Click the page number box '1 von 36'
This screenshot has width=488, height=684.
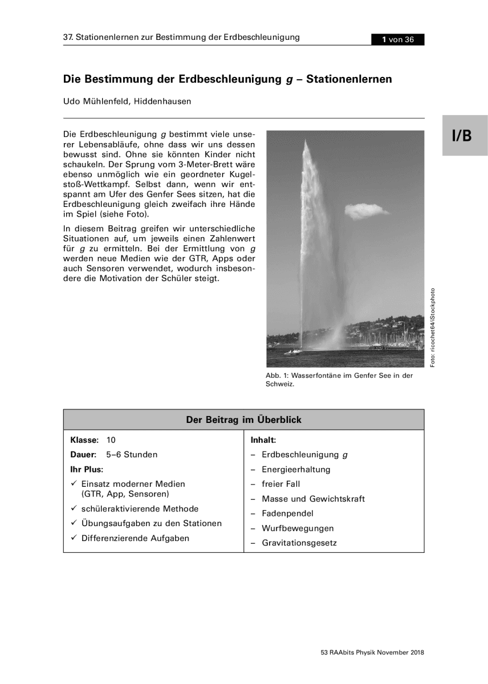click(398, 39)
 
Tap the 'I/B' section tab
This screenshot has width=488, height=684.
click(462, 136)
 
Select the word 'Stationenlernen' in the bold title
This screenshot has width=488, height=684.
click(349, 79)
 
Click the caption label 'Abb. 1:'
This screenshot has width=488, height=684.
click(277, 376)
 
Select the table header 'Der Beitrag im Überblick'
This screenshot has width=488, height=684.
click(243, 420)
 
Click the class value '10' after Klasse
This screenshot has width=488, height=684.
click(111, 440)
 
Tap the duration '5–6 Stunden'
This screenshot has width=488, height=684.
click(132, 455)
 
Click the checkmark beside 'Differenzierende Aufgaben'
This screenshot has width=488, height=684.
click(74, 538)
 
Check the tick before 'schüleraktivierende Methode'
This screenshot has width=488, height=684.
click(74, 509)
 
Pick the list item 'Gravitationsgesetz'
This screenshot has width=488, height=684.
click(299, 543)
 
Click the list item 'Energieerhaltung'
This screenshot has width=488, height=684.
click(296, 470)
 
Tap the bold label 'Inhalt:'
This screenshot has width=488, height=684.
click(263, 440)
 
